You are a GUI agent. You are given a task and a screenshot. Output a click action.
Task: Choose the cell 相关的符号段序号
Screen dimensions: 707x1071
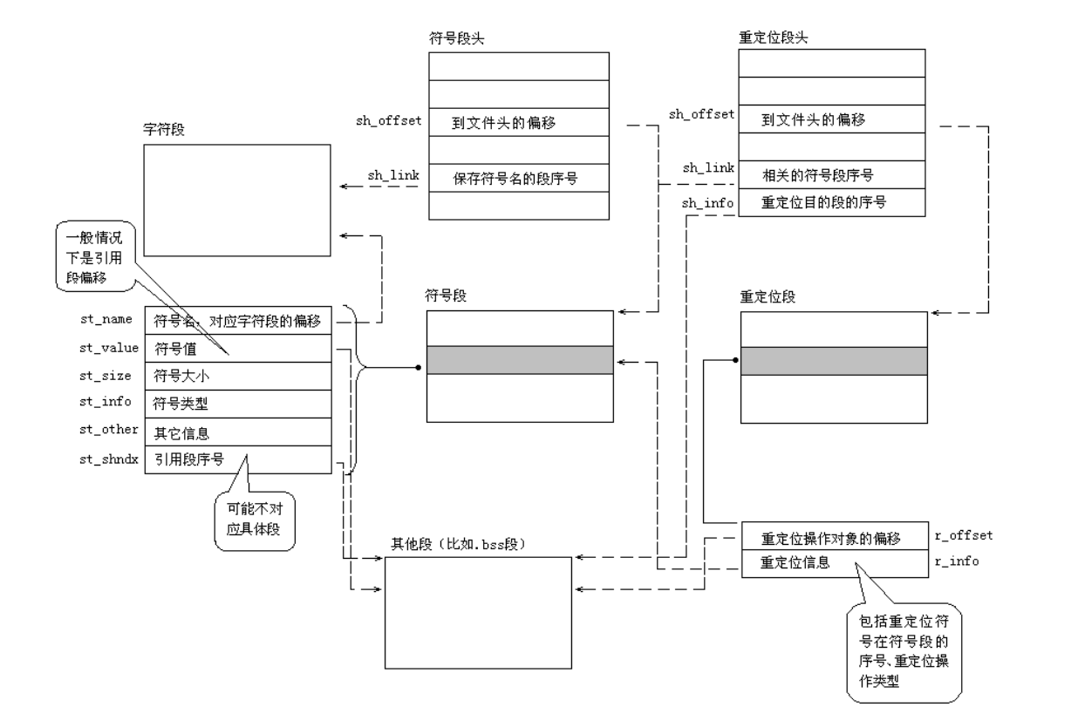click(818, 174)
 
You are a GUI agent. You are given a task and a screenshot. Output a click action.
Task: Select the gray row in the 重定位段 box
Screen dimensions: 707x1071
click(831, 360)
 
